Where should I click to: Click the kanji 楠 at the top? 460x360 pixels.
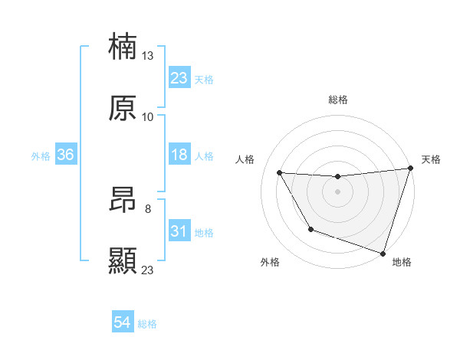point(123,47)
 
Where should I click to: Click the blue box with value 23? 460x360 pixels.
point(179,78)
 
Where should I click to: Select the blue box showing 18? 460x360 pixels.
point(179,155)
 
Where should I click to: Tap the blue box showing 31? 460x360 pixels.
point(179,231)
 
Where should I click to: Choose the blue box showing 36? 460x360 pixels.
point(65,155)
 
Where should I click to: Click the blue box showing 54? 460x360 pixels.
point(122,323)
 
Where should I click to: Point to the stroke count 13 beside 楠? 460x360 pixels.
point(148,56)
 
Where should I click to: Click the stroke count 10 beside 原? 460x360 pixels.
point(148,116)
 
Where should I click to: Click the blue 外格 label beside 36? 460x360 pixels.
point(41,155)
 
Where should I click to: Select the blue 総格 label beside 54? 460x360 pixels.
point(147,324)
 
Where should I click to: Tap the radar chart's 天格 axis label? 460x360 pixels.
point(431,159)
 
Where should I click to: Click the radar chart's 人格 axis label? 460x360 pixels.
point(245,159)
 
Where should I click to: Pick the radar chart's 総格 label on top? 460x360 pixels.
point(338,100)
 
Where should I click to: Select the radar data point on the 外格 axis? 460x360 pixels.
point(310,229)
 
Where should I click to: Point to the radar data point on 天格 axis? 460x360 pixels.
point(410,169)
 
